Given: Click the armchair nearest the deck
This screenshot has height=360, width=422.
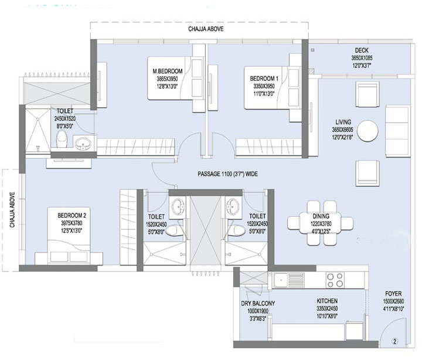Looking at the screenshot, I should (367, 94).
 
